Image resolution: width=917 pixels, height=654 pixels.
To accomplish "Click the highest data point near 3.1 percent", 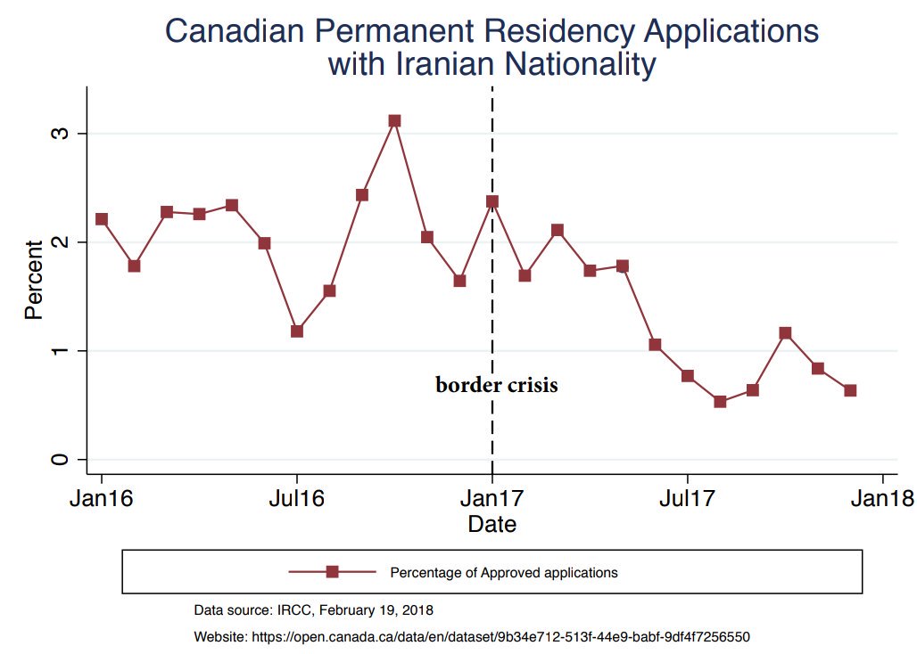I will [394, 120].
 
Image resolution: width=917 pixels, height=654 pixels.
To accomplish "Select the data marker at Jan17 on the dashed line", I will [492, 201].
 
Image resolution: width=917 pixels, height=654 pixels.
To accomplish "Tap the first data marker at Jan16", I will [102, 219].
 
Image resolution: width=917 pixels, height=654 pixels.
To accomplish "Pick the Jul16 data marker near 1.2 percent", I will [297, 331].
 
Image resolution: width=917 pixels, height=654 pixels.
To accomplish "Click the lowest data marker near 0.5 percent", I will [720, 402].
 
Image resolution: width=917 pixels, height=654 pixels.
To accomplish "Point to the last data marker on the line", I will [850, 390].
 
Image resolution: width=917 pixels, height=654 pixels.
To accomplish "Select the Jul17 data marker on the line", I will [688, 376].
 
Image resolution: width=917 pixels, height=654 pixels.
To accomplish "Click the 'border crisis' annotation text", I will [496, 386].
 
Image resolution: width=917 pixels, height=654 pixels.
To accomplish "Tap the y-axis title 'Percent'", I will [34, 280].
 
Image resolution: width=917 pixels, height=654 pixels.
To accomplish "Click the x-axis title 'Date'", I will [492, 525].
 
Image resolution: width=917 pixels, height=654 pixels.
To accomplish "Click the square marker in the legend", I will [332, 572].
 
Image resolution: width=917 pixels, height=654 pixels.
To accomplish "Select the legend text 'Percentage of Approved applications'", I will [503, 572].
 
